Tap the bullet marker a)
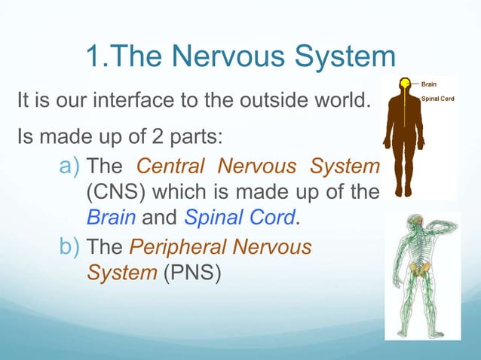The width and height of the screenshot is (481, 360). click(71, 165)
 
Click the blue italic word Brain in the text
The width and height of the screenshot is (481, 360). click(110, 218)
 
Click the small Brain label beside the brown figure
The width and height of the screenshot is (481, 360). click(428, 84)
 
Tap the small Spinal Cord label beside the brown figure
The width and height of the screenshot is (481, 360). click(437, 99)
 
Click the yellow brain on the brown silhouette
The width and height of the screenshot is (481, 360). click(405, 83)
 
